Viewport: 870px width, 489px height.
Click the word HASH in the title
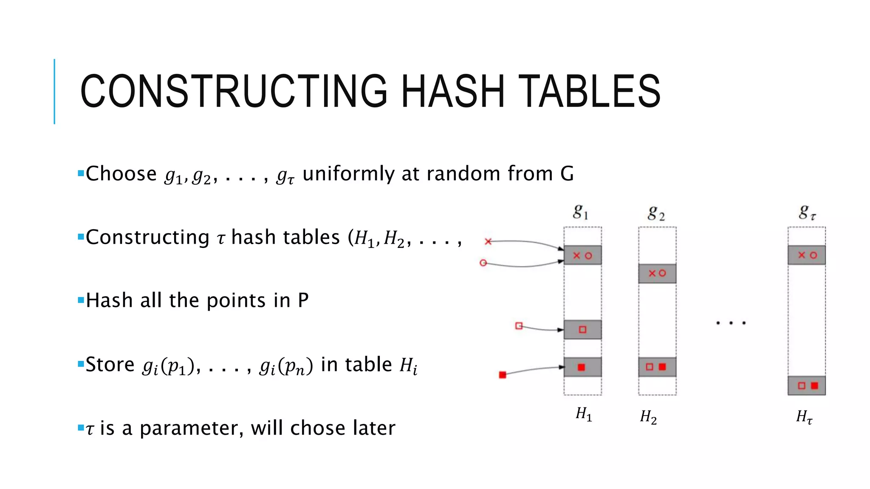tap(453, 91)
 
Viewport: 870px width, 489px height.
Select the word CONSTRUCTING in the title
tap(234, 91)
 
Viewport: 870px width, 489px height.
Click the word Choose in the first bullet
tap(121, 174)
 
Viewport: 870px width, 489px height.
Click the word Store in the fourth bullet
tap(110, 365)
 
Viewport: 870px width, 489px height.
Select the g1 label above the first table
tap(581, 211)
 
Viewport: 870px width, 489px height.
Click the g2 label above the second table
tap(656, 213)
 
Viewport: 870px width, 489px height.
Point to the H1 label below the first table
tap(584, 414)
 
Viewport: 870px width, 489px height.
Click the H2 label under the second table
tap(648, 417)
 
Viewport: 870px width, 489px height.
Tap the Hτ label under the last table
tap(804, 417)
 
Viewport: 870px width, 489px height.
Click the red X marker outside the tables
tap(488, 242)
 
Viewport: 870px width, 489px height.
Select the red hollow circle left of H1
tap(483, 263)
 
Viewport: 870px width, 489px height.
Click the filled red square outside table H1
tap(503, 375)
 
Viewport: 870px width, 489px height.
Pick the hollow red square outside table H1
tap(519, 326)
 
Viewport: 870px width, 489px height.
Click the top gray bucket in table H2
tap(657, 273)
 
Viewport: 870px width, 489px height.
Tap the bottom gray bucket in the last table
tap(807, 385)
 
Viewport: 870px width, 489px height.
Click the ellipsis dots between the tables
tap(731, 323)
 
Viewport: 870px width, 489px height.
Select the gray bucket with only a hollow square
tap(582, 330)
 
